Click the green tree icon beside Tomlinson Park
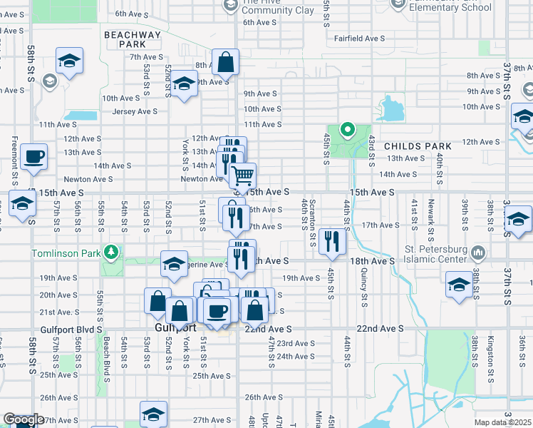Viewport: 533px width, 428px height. [110, 252]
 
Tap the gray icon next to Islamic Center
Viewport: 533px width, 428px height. [479, 253]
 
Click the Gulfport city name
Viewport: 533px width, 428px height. [175, 327]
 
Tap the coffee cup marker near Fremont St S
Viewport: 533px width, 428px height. [33, 157]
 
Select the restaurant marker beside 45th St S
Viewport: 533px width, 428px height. [331, 243]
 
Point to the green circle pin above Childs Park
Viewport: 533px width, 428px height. [348, 130]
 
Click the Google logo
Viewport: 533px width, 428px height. [23, 420]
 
